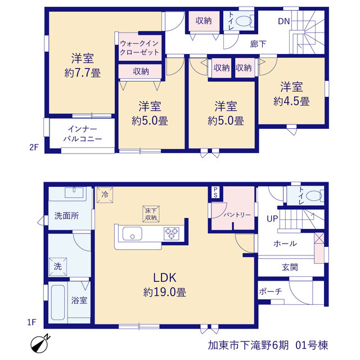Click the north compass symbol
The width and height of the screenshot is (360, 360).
(39, 344)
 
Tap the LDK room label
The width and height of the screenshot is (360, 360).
(165, 278)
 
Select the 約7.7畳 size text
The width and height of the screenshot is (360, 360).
(83, 73)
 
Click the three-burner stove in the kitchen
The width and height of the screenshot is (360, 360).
(171, 233)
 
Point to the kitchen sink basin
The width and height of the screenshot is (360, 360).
(132, 233)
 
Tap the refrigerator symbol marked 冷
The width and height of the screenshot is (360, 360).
(105, 195)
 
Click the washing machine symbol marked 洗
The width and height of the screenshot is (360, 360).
(58, 267)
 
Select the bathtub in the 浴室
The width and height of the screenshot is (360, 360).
(58, 303)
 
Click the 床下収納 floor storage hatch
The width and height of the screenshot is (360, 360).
(151, 214)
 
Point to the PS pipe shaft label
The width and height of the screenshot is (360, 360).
(215, 192)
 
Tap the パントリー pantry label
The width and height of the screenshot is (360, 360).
(237, 215)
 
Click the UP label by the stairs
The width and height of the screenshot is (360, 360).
(272, 219)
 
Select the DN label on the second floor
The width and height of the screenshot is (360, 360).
(283, 21)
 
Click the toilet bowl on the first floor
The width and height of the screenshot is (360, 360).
(314, 196)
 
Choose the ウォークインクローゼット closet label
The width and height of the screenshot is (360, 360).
(139, 48)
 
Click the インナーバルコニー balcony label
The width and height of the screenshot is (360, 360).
(83, 134)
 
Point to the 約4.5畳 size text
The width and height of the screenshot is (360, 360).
(291, 101)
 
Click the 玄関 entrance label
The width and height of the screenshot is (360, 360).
(290, 267)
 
